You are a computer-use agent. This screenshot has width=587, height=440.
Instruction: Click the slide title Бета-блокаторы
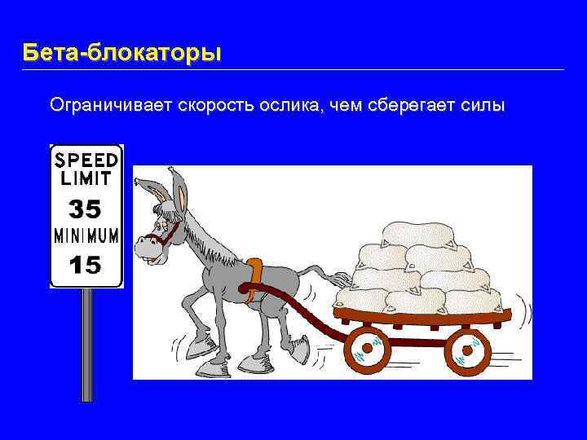coord(121,54)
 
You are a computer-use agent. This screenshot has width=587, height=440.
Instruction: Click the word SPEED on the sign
coord(86,158)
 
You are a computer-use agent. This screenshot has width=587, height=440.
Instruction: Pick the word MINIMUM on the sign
coord(86,236)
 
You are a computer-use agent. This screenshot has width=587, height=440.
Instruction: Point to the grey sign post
coord(87,342)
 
